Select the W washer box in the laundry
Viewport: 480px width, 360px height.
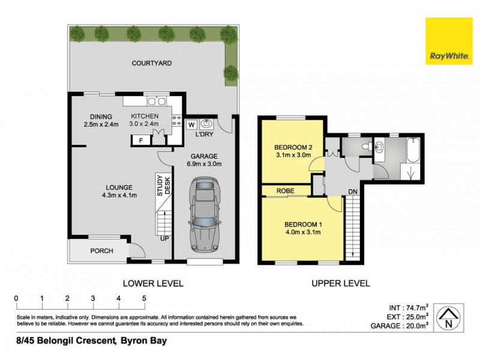(x=191, y=124)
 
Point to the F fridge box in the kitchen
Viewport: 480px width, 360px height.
(x=141, y=141)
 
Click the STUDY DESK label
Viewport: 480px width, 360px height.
(x=164, y=185)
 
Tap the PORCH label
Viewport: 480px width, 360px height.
(x=102, y=251)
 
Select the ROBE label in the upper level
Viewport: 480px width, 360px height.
(x=285, y=191)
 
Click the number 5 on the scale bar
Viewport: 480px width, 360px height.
(x=144, y=298)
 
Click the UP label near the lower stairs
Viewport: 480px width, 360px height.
(x=164, y=238)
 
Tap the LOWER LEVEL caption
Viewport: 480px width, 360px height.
(x=152, y=283)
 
